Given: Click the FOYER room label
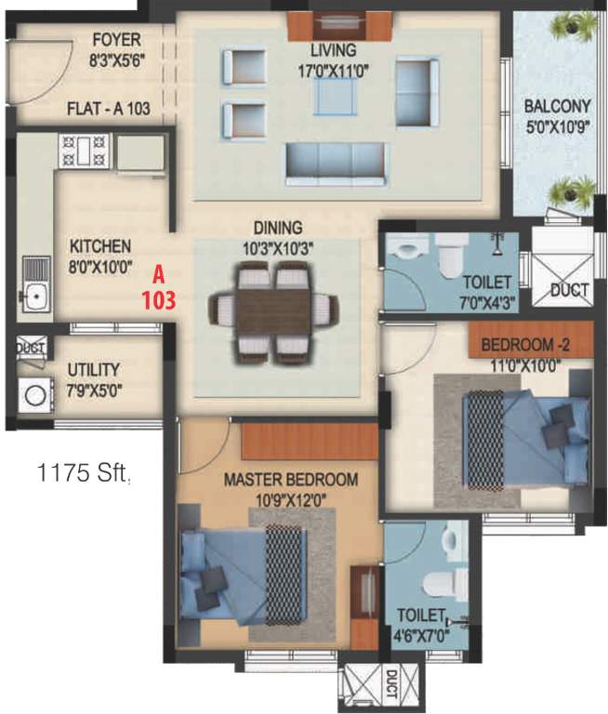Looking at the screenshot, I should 116,39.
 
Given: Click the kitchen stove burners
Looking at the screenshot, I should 85,151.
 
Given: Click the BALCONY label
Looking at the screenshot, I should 557,105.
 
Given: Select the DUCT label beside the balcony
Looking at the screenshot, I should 569,290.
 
